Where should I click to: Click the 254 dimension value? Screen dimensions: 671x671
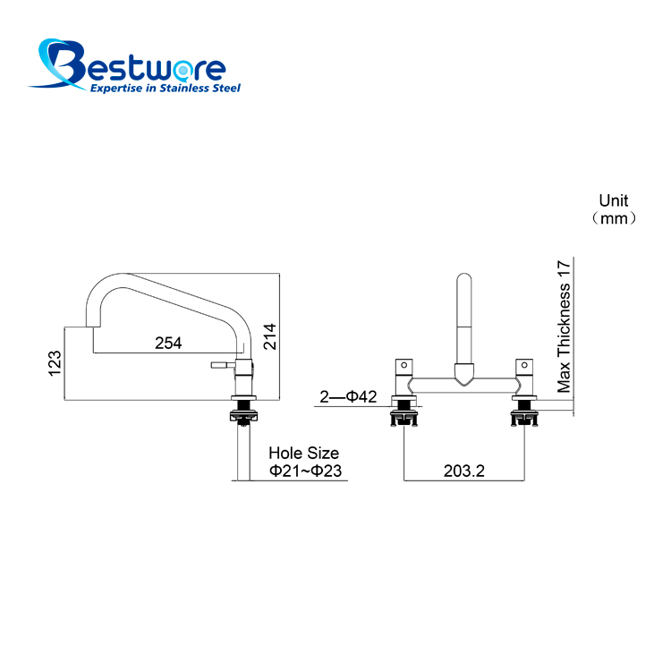[x=168, y=343]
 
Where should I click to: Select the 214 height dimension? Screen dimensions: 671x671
[x=269, y=336]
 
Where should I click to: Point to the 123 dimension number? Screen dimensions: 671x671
[x=55, y=363]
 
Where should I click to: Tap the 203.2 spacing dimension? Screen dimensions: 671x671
[x=463, y=471]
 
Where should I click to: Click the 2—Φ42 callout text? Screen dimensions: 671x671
[x=348, y=396]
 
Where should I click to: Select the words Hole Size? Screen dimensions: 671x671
[x=304, y=453]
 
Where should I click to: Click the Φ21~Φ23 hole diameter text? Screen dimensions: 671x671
[x=305, y=471]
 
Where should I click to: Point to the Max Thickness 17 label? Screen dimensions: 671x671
[x=564, y=326]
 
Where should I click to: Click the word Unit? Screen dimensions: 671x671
[x=613, y=200]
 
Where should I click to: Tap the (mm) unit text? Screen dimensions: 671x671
[x=614, y=218]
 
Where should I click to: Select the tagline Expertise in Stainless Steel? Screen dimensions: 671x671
[x=166, y=88]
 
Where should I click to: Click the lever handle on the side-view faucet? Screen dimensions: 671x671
[x=223, y=365]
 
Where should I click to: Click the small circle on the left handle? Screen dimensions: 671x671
[x=403, y=365]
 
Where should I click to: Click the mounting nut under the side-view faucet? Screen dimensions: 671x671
[x=244, y=415]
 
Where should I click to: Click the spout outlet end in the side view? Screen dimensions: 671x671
[x=93, y=327]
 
